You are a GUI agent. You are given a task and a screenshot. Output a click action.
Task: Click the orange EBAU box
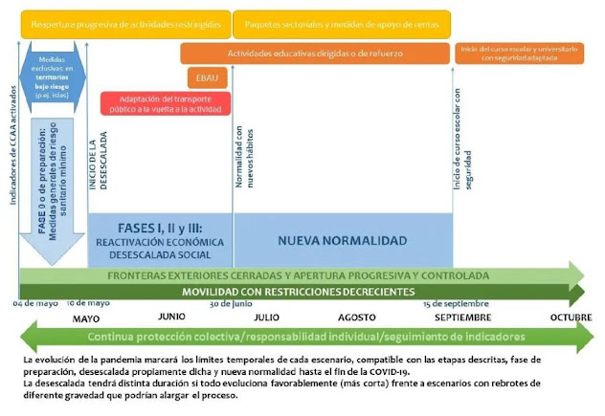pyautogui.click(x=207, y=77)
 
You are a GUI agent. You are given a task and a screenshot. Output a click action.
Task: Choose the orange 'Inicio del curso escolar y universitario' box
pyautogui.click(x=518, y=53)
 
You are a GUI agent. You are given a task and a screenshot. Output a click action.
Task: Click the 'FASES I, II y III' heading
pyautogui.click(x=159, y=230)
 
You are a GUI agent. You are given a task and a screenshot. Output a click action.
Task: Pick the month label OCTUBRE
pyautogui.click(x=571, y=317)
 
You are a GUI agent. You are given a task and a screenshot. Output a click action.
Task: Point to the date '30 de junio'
pyautogui.click(x=232, y=302)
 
